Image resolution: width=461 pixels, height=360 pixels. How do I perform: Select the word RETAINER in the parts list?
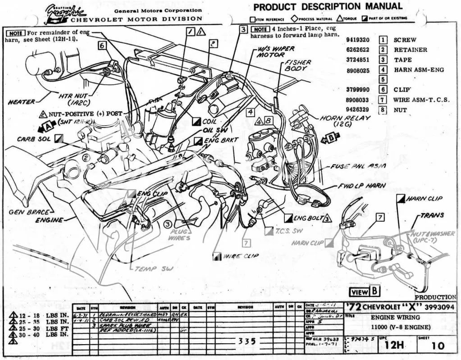point(410,50)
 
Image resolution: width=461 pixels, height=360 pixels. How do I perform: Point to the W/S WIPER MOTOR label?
point(275,51)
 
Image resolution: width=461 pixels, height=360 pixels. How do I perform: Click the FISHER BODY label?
point(297,66)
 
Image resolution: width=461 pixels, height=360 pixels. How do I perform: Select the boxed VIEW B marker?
point(365,292)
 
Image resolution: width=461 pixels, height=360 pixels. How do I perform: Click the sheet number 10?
point(437,346)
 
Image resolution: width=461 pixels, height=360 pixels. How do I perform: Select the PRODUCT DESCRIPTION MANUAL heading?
point(328,7)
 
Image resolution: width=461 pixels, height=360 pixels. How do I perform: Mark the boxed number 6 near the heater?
point(102,45)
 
